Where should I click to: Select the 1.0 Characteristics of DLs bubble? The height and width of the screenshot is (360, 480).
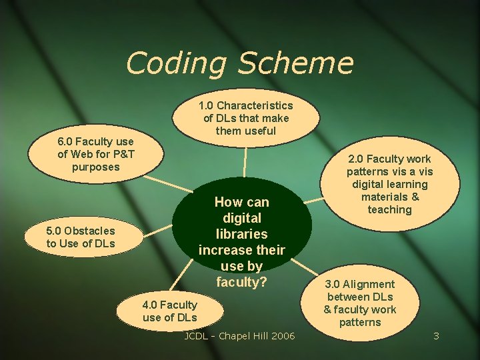coord(245,118)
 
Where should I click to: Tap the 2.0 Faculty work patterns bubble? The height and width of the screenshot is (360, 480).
coord(389,184)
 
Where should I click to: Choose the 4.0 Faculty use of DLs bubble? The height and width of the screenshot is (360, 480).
coord(169,311)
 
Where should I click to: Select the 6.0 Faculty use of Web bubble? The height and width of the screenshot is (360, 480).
coord(95,154)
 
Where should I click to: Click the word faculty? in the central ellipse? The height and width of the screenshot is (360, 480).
coord(241,282)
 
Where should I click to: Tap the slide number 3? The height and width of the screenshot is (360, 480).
coord(436,336)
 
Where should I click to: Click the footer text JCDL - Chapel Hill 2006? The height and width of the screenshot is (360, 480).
coord(239,336)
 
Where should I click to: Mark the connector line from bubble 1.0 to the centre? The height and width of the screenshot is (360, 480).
coord(245,162)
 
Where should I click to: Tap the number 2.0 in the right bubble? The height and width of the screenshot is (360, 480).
coord(360,159)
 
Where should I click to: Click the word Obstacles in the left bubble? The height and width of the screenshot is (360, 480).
coord(89,231)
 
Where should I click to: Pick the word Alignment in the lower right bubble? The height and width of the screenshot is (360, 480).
coord(370,285)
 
